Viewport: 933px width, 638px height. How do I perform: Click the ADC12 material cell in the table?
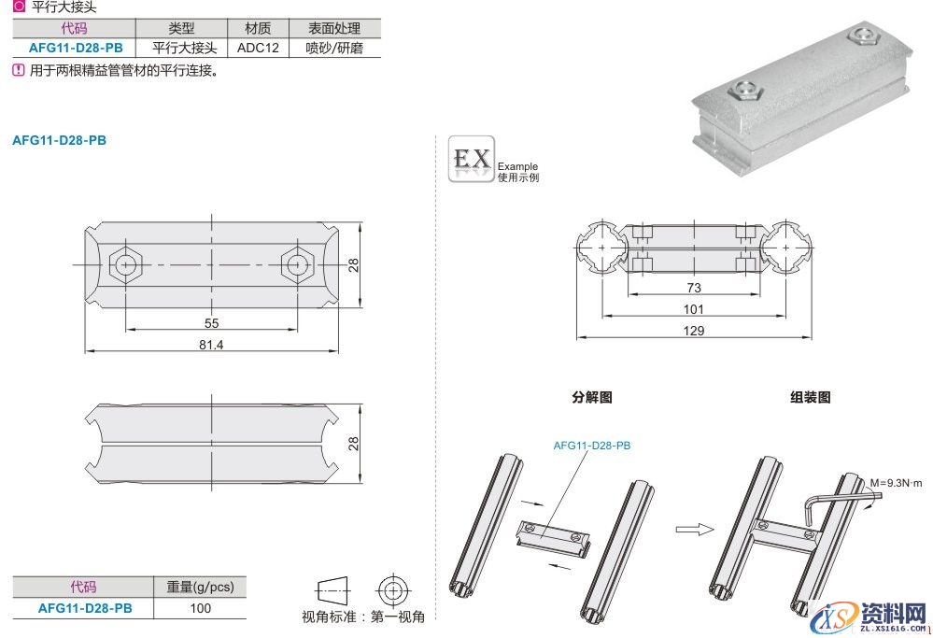[259, 47]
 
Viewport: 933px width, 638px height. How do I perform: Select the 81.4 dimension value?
[211, 344]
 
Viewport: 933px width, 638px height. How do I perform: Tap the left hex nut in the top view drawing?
[124, 264]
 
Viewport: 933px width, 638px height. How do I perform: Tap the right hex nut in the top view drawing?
[296, 264]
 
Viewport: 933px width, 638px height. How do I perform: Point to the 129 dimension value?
[693, 331]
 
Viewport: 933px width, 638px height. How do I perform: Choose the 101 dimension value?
[693, 309]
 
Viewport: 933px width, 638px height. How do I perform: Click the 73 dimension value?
[693, 288]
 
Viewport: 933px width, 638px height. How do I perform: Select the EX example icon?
[471, 160]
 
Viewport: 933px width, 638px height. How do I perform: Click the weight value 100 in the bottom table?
[200, 608]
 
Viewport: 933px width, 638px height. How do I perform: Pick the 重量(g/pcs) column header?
[200, 587]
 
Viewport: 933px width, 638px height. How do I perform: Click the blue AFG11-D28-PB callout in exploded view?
[591, 446]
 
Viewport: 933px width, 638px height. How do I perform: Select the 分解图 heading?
[592, 397]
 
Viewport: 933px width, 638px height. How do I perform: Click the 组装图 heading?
[810, 397]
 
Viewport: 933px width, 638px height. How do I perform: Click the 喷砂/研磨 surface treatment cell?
[332, 47]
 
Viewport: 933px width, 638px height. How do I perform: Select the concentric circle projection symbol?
[390, 590]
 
